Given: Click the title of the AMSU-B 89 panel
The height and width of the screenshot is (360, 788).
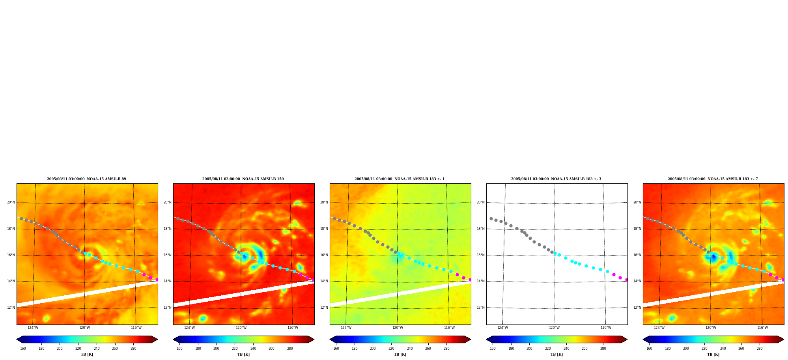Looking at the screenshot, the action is (x=86, y=179).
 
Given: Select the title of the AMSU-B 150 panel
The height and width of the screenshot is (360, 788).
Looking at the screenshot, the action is (x=243, y=179).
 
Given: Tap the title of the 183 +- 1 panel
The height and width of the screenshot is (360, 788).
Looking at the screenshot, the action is (x=400, y=179).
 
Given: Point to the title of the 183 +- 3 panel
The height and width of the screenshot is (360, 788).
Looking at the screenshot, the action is (x=556, y=179).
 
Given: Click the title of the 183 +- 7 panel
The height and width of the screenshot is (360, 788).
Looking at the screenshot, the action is (x=713, y=179).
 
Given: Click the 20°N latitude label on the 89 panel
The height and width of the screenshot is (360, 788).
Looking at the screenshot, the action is (x=11, y=203).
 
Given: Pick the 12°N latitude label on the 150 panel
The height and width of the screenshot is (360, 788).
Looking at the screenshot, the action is (x=167, y=308).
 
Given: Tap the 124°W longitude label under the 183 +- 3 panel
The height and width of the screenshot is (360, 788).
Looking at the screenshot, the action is (x=502, y=328).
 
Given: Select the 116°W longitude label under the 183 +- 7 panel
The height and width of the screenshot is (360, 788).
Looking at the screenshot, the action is (x=762, y=328).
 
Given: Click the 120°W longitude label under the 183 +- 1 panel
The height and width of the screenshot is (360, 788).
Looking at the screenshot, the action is (x=398, y=328).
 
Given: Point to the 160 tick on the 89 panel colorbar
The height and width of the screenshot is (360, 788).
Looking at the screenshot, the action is (x=23, y=349).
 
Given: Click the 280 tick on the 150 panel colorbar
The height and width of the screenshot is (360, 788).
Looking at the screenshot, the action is (x=290, y=349).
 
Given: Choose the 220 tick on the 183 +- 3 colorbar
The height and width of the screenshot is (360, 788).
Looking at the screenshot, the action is (x=548, y=349).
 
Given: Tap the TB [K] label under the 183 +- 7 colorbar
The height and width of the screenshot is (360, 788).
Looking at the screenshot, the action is (x=713, y=354).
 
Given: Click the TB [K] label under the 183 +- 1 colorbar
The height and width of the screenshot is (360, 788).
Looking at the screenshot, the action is (x=400, y=354).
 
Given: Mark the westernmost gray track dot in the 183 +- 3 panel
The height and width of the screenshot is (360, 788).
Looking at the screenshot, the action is (x=491, y=218).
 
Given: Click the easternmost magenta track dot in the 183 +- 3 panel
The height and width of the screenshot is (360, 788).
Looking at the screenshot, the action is (x=626, y=280).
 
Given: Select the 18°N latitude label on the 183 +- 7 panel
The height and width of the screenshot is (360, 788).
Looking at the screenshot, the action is (x=637, y=229).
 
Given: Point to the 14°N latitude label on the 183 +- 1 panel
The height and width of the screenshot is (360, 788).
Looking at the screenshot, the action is (x=324, y=282).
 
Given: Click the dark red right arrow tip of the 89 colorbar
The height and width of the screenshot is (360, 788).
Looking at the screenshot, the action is (x=157, y=339).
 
